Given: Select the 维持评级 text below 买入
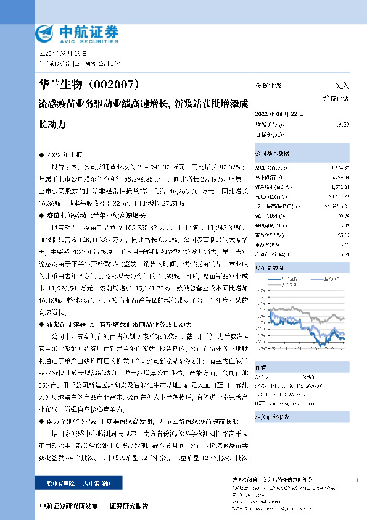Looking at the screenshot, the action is (x=337, y=98).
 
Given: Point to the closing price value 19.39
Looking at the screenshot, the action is (x=342, y=124).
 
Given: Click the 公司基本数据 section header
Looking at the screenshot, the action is (x=271, y=152).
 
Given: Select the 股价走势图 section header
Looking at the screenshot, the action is (x=269, y=251).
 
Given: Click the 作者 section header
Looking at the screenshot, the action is (x=261, y=365).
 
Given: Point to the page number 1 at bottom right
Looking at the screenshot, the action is (x=357, y=480).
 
